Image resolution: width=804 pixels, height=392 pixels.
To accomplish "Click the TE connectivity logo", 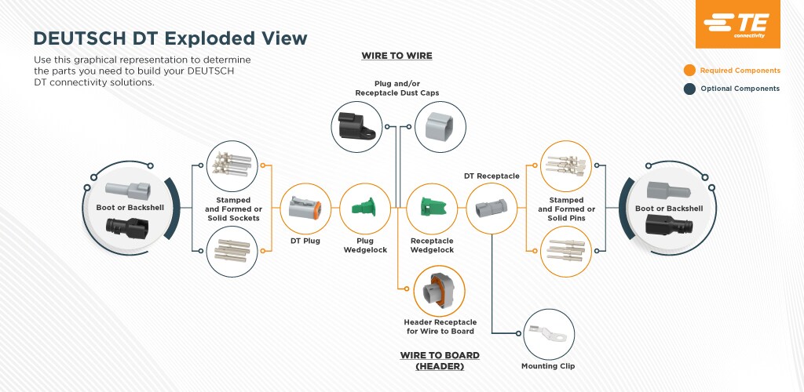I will click(x=737, y=24).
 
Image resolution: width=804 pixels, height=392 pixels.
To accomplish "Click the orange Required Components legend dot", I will click(x=689, y=71).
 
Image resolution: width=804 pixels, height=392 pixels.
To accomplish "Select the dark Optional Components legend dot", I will click(x=689, y=89).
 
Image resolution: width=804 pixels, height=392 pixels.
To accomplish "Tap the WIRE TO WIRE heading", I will click(x=397, y=56).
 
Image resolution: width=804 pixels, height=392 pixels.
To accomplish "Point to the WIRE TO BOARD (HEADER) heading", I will click(x=440, y=361).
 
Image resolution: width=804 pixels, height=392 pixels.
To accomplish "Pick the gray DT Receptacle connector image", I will click(x=491, y=209).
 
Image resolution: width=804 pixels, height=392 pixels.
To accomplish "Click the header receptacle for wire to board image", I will click(x=439, y=290).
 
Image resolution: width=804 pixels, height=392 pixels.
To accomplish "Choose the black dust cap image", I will click(x=357, y=126).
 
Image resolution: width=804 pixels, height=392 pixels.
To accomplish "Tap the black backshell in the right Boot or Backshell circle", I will click(x=668, y=227).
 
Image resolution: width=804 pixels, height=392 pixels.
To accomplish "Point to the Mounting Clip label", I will click(x=547, y=366).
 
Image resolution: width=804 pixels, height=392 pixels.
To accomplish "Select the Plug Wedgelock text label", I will click(x=365, y=245).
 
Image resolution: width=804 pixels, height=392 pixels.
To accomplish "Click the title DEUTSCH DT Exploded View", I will click(x=170, y=38).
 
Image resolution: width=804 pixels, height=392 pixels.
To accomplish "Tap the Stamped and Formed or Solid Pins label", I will click(x=566, y=209).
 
